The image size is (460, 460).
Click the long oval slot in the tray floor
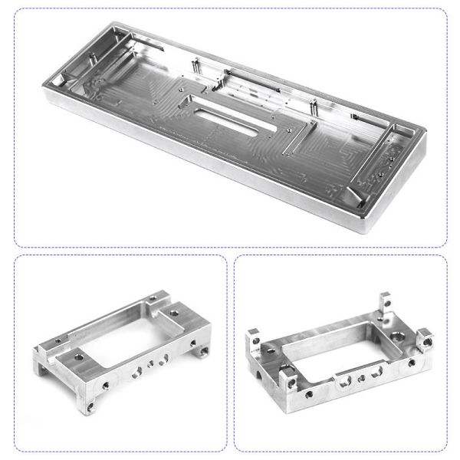(x=235, y=116)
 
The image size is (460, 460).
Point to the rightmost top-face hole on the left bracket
(x=176, y=314)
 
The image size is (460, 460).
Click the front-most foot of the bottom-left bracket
(x=93, y=403)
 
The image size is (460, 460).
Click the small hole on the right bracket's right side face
(x=412, y=362)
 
